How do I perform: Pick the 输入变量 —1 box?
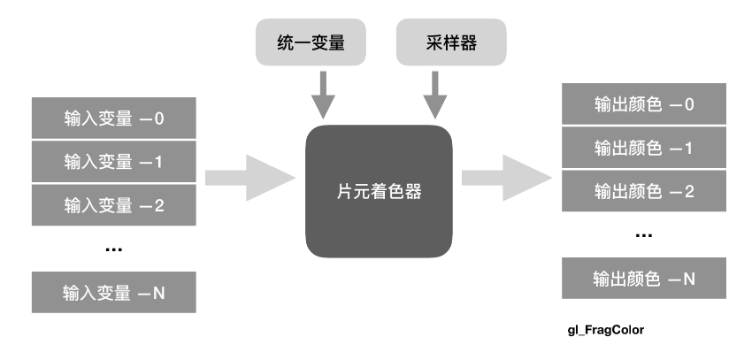tap(113, 163)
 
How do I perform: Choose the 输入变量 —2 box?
tap(113, 206)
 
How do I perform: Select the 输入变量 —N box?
tap(113, 292)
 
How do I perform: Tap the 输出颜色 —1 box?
tap(644, 149)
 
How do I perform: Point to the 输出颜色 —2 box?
tap(644, 192)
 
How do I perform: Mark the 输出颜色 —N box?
tap(644, 279)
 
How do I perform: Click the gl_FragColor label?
tap(606, 330)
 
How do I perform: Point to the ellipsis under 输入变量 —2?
tap(113, 250)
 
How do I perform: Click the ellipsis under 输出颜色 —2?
tap(644, 236)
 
